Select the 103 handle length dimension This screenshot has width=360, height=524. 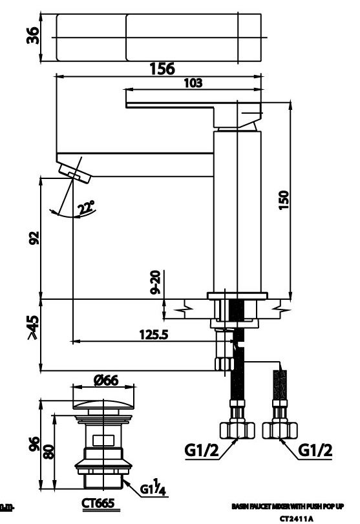tap(193, 83)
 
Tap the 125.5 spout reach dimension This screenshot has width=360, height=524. tap(153, 335)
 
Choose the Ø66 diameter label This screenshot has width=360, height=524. tap(105, 381)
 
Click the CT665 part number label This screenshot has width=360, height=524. tap(98, 503)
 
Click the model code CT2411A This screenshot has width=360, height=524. tap(296, 518)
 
